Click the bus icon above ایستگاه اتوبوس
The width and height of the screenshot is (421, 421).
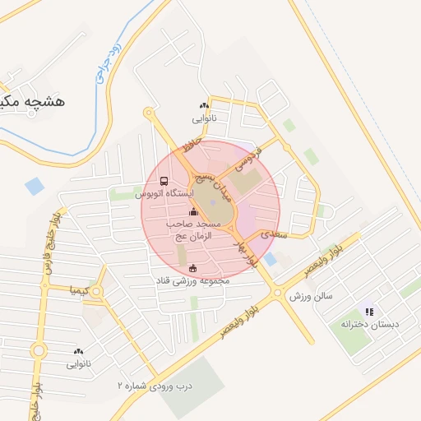pos(164,181)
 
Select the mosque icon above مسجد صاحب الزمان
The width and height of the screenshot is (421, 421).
pos(193,213)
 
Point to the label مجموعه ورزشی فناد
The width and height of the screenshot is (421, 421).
pos(193,280)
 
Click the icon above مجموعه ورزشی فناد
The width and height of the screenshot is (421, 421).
pos(193,267)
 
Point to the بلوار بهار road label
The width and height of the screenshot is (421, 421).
pos(245,252)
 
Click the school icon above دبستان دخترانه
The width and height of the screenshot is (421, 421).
pos(369,312)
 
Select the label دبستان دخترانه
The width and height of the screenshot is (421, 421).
pos(369,325)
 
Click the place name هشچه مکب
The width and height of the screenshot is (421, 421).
pos(32,101)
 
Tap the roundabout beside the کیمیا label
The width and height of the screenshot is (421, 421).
pos(97,291)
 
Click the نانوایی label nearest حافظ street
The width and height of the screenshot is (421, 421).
pos(203,118)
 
